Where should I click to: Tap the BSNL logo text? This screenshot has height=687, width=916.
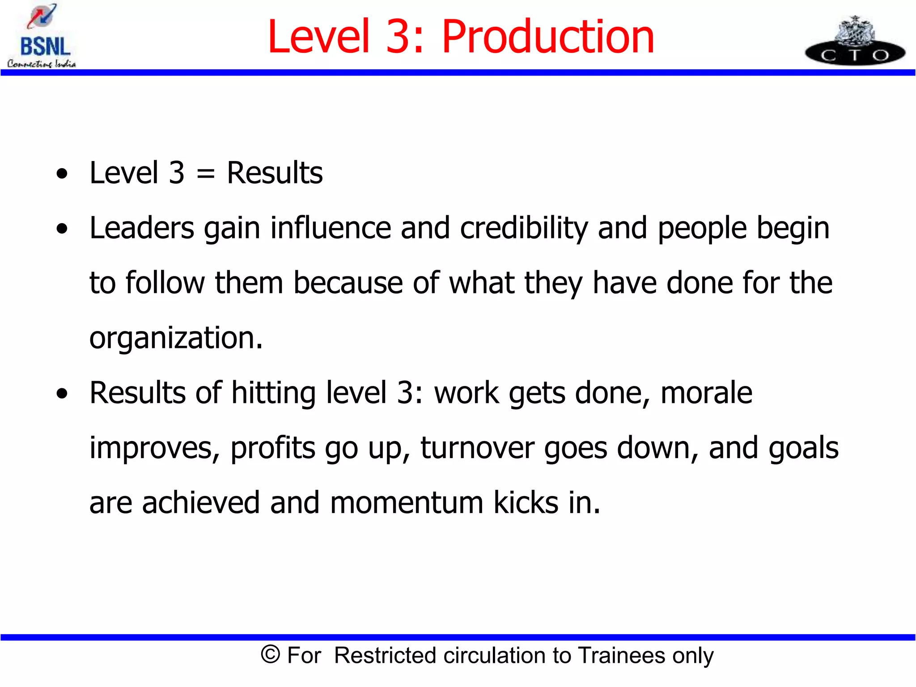coord(45,47)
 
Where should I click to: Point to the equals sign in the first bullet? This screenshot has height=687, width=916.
coord(205,174)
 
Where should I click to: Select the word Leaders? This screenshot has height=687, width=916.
coord(142,228)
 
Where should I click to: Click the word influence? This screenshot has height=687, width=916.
coord(331,228)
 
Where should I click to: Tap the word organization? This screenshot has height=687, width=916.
coord(176,338)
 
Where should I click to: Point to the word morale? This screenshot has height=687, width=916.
coord(706,393)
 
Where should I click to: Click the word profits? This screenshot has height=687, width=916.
coord(273,448)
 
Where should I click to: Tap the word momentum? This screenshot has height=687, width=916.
coord(407,503)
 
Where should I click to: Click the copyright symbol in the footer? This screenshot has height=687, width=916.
coord(270,655)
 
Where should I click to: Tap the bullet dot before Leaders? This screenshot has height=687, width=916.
coord(62,229)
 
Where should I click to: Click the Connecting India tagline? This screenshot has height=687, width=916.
coord(42,64)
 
